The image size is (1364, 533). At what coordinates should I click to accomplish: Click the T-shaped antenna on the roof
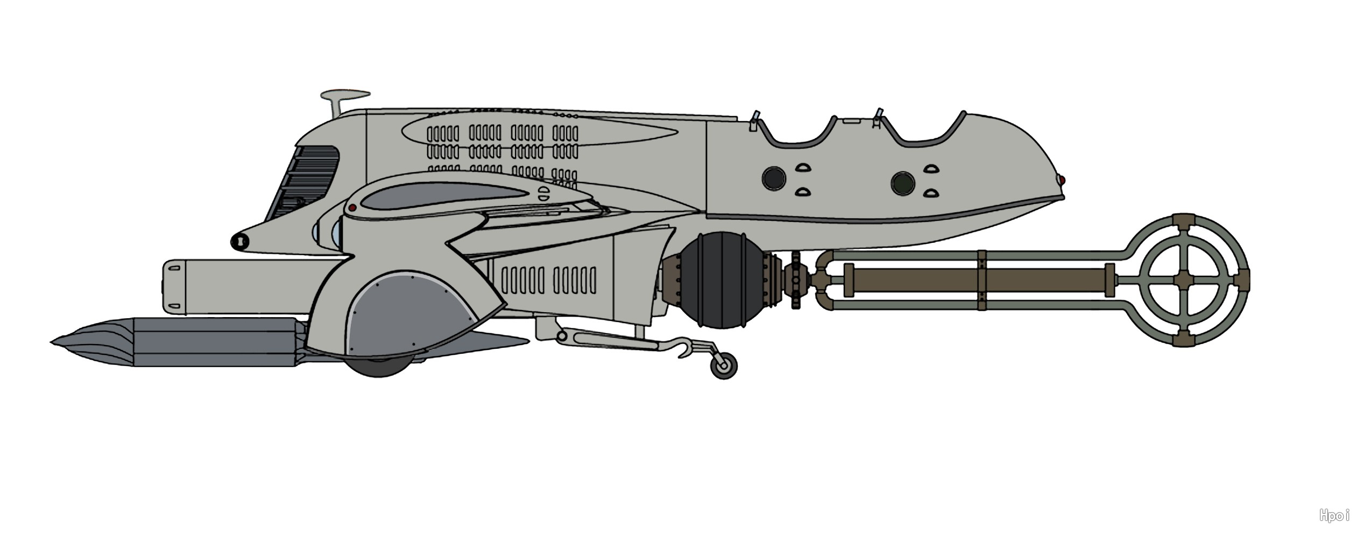pyautogui.click(x=344, y=97)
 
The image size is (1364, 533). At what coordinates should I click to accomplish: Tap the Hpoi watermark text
pyautogui.click(x=1334, y=516)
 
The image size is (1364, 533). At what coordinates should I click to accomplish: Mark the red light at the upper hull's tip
pyautogui.click(x=1062, y=179)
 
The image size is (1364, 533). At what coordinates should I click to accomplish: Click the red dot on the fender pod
pyautogui.click(x=352, y=207)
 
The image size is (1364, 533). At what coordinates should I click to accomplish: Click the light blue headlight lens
pyautogui.click(x=337, y=234)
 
